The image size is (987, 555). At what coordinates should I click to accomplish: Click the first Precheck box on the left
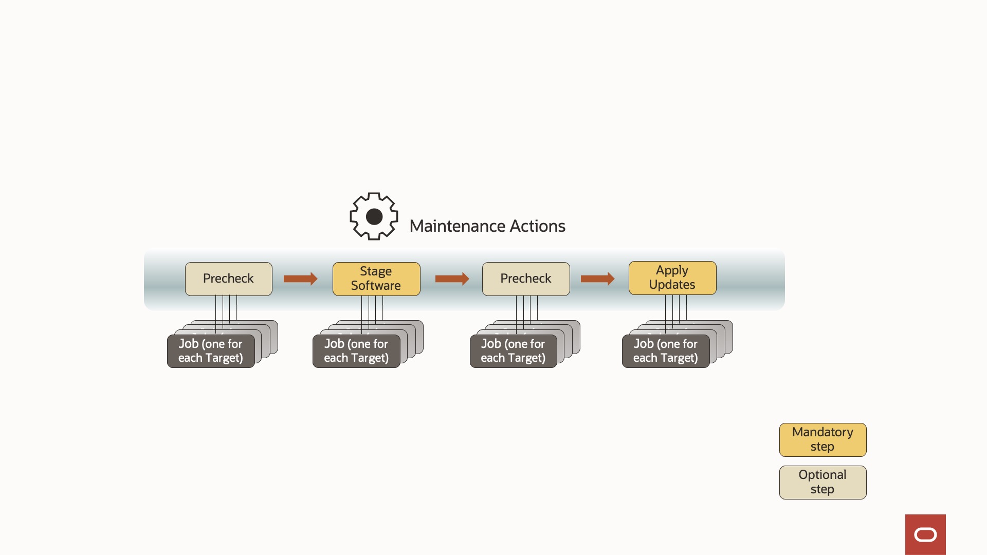(x=228, y=279)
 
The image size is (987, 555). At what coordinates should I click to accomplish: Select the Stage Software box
(x=376, y=279)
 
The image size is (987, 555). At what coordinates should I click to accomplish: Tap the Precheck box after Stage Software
(x=525, y=279)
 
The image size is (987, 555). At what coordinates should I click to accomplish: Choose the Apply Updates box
(x=672, y=277)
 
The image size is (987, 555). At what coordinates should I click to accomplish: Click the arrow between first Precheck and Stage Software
(x=300, y=279)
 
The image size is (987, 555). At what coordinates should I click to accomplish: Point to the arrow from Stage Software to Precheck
(x=452, y=279)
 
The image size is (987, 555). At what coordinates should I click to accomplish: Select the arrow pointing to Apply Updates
(x=597, y=279)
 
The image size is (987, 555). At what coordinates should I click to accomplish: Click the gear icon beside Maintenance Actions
(x=374, y=216)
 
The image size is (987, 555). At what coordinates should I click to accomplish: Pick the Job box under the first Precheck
(x=210, y=351)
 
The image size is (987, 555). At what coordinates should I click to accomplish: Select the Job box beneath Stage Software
(x=356, y=351)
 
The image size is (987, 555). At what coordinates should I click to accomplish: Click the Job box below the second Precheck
(x=513, y=351)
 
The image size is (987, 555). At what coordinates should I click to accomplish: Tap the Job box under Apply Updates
(x=665, y=351)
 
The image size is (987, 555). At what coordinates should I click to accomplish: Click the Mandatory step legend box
(x=822, y=439)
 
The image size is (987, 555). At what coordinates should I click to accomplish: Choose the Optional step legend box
(x=822, y=482)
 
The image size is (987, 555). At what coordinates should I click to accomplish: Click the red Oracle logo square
(x=925, y=534)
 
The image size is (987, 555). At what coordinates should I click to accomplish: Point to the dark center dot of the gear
(x=374, y=217)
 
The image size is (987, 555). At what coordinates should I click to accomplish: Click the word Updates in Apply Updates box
(x=672, y=285)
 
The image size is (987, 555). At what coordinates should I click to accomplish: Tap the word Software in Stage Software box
(x=376, y=286)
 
